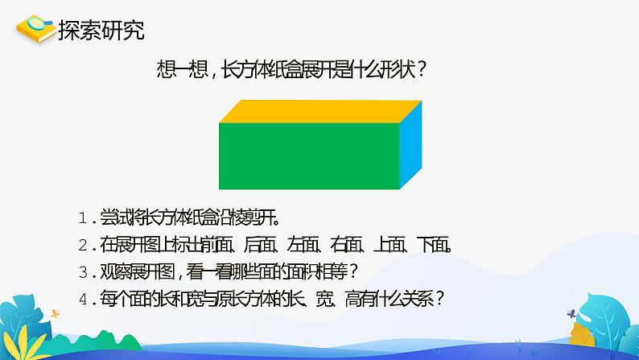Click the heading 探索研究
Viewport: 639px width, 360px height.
[x=101, y=30]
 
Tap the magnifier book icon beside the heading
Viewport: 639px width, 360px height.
[x=36, y=28]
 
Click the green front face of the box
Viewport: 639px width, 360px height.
[x=309, y=155]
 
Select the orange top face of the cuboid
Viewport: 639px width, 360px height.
[x=320, y=111]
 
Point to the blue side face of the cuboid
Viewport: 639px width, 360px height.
[x=410, y=145]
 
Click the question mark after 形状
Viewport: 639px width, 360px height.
[x=422, y=70]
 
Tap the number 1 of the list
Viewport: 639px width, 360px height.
[x=83, y=218]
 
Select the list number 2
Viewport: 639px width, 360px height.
[x=83, y=245]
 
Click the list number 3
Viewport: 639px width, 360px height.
[x=83, y=272]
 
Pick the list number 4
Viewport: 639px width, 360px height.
[x=83, y=300]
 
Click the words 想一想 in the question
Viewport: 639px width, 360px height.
[x=182, y=70]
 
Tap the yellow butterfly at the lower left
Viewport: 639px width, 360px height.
[x=55, y=313]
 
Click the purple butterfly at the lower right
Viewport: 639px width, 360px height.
[x=571, y=313]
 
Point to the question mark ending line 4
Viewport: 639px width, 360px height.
[x=439, y=300]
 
